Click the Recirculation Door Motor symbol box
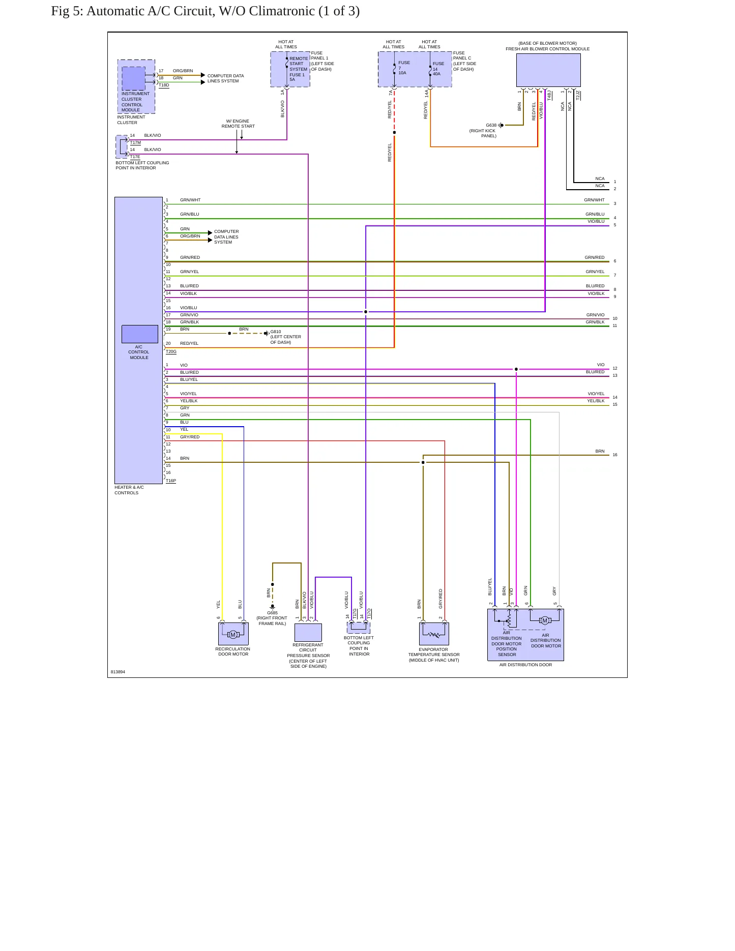233,634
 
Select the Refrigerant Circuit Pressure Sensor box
308,633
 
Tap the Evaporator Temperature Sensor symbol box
434,634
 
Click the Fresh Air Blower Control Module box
548,70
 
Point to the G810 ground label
276,332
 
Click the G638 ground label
491,125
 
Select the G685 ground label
273,613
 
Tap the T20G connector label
171,352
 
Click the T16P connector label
171,481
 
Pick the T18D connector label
164,85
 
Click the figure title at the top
205,11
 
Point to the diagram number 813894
118,672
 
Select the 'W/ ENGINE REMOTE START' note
238,124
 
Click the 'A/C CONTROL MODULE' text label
139,352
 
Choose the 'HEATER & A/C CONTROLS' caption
129,490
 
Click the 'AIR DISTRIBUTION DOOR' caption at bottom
525,665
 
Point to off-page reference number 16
615,455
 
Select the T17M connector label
135,143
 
